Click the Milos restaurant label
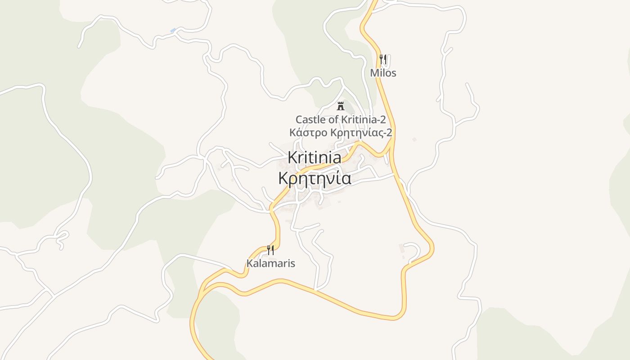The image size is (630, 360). tap(383, 73)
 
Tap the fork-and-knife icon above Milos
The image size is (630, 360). tap(383, 59)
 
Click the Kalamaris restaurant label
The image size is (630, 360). tap(270, 263)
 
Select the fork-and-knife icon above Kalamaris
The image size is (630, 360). tap(270, 250)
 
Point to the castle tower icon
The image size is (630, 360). tap(341, 106)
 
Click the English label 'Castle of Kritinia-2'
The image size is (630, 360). tap(341, 120)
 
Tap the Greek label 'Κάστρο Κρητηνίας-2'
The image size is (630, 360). tap(341, 133)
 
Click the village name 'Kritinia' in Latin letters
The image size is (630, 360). tap(314, 157)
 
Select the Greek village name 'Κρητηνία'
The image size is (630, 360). tap(314, 179)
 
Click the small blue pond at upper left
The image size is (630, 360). tap(173, 30)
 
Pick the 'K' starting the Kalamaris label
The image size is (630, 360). tap(249, 263)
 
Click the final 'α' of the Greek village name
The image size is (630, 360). tap(346, 179)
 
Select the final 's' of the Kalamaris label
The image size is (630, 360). tap(292, 264)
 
